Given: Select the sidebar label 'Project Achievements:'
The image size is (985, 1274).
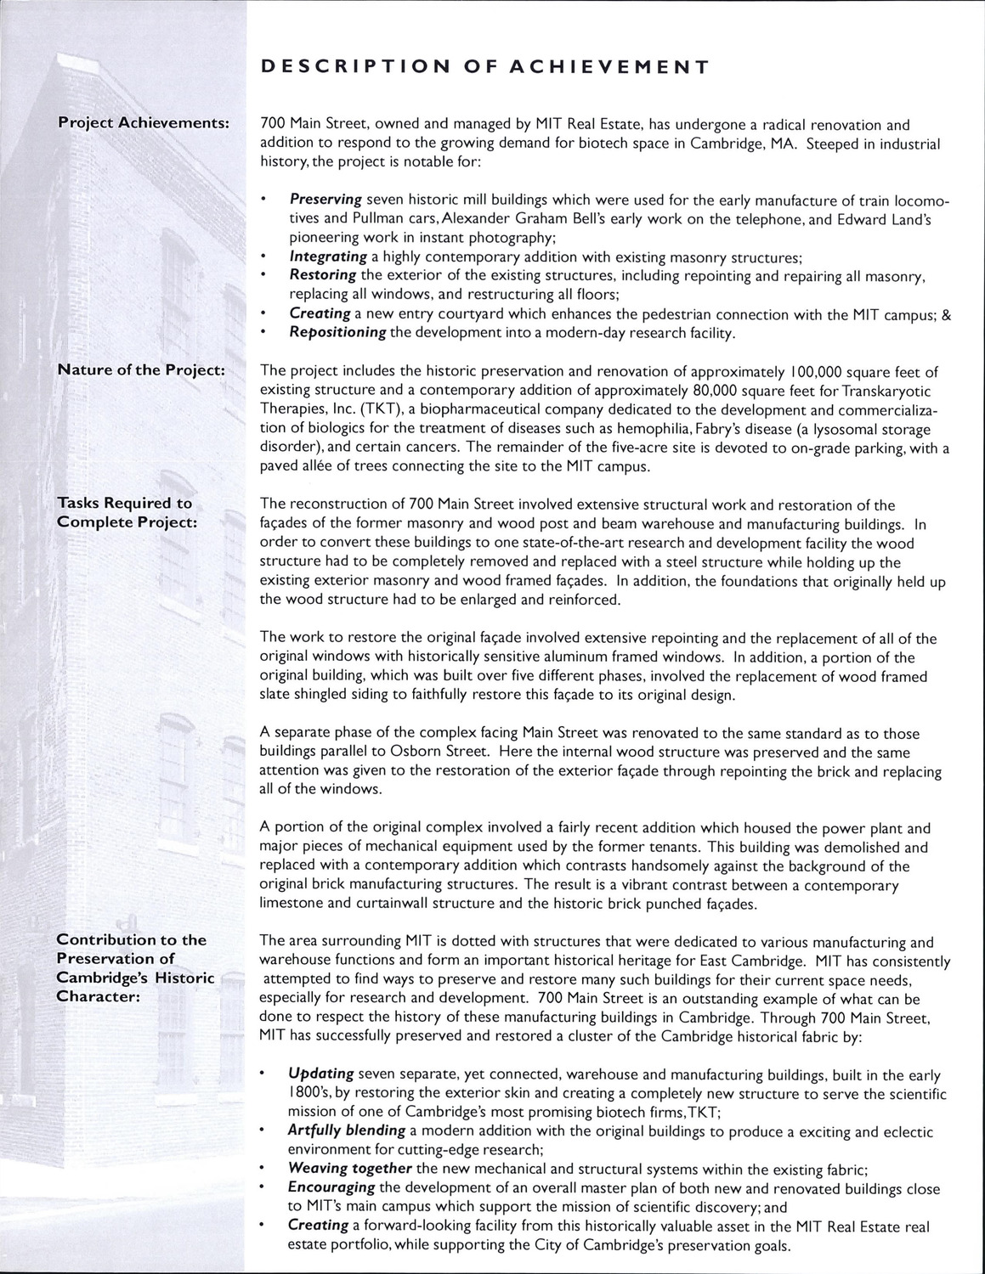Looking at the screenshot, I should coord(144,122).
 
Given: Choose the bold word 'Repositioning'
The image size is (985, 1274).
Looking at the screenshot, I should coord(337,332).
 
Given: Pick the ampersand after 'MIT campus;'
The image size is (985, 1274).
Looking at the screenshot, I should coord(946,313).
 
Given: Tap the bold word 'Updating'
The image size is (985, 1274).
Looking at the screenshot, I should coord(321,1074).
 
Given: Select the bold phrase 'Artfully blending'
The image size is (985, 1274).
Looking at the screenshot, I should coord(347,1130).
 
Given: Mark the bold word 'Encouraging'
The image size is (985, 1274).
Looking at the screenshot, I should coord(331,1187).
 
